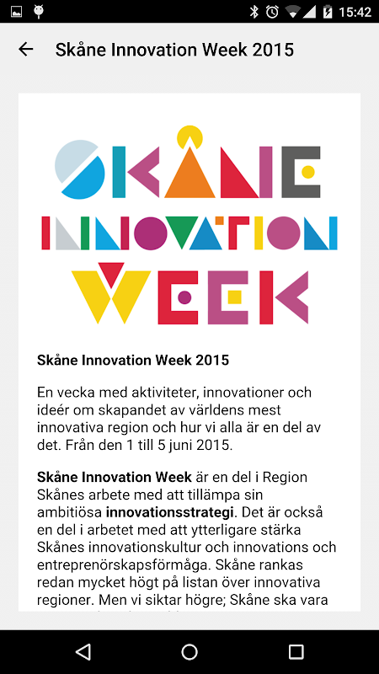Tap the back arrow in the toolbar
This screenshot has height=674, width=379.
tap(26, 50)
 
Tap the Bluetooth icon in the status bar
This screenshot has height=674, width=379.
tap(254, 12)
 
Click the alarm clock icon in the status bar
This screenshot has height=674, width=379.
tap(272, 12)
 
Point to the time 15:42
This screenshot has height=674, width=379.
tap(355, 12)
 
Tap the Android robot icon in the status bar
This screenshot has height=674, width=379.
tap(39, 12)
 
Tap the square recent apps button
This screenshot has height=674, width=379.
tap(296, 651)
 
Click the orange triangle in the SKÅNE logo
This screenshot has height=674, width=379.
tap(189, 176)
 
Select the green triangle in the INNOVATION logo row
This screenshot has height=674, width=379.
tap(181, 230)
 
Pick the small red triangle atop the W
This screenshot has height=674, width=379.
tap(111, 274)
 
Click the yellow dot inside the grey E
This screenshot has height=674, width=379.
tap(308, 172)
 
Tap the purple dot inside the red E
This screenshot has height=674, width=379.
tap(184, 297)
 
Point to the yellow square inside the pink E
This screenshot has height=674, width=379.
tap(234, 297)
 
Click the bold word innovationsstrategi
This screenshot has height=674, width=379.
tap(170, 512)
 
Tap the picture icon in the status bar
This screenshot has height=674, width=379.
tap(16, 12)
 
